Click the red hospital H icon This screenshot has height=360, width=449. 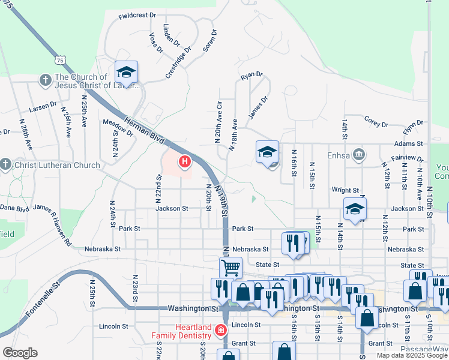[185, 161]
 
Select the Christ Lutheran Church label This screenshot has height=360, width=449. [57, 165]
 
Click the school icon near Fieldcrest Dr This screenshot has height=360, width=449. [127, 73]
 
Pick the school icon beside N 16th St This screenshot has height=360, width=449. [268, 152]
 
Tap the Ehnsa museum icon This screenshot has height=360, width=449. [358, 155]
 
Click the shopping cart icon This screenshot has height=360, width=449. [231, 268]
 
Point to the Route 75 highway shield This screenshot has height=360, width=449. [59, 60]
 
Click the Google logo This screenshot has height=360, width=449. [20, 353]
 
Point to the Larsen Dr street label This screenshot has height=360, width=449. [43, 108]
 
